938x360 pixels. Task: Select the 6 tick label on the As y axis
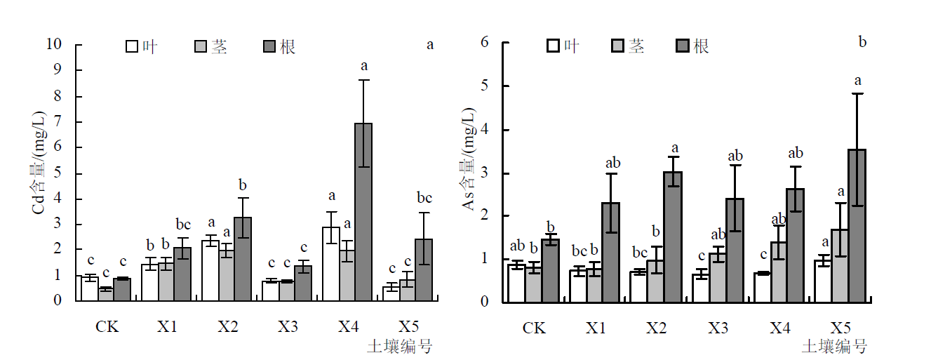(484, 42)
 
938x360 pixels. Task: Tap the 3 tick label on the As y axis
(484, 173)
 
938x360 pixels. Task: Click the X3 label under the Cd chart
(288, 326)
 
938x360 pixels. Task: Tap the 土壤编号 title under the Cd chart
(399, 346)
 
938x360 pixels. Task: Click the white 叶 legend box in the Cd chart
(132, 47)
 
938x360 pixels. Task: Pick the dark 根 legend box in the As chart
(683, 46)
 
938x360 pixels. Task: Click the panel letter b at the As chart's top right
(862, 42)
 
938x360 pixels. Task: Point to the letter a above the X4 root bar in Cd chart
(364, 67)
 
